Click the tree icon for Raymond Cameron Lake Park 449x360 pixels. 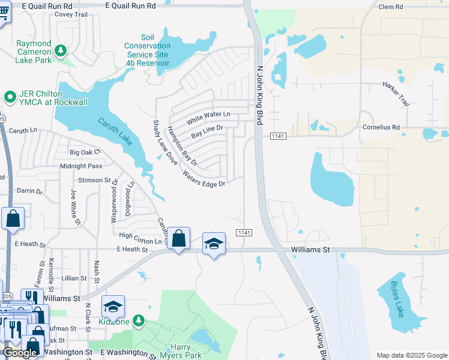60,51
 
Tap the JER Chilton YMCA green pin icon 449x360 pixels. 10,96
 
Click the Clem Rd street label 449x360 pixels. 392,7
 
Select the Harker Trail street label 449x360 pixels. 396,94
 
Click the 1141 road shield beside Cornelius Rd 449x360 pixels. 277,136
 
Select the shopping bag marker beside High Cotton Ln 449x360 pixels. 178,239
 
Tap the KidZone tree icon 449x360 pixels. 139,321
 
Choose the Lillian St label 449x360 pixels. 74,278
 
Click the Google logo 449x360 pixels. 20,353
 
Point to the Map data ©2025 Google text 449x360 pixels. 411,355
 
